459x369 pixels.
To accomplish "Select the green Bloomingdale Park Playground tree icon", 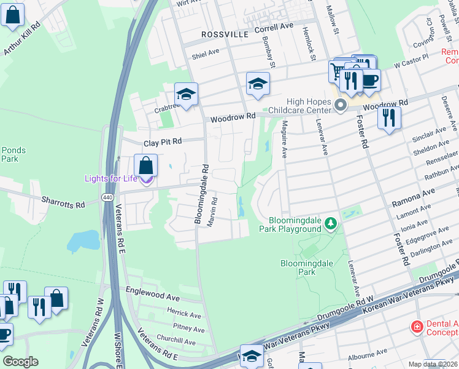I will click(x=331, y=222).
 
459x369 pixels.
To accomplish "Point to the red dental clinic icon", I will click(x=417, y=325).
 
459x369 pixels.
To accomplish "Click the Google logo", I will click(x=20, y=361).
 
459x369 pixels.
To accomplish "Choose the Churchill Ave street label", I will click(x=176, y=339).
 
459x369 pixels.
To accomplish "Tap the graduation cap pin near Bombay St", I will click(x=258, y=84).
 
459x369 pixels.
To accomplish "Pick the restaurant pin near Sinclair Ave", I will click(x=389, y=117).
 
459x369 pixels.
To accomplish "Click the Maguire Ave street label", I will click(x=285, y=141).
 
